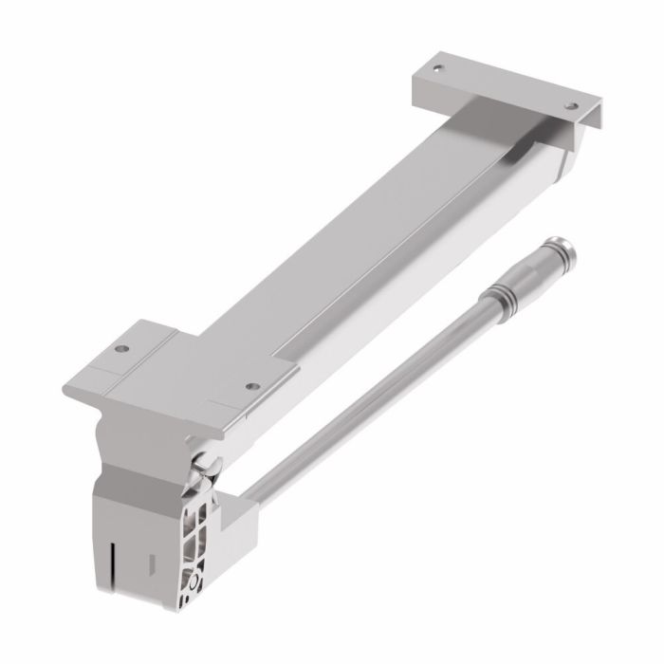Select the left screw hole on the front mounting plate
(120, 349)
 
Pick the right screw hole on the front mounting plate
(250, 386)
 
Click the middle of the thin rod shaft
(379, 398)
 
